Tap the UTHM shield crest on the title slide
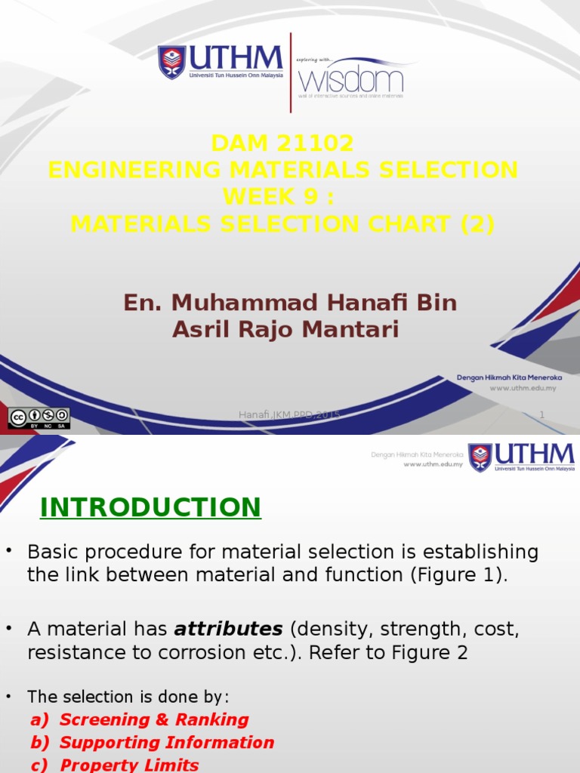pos(171,63)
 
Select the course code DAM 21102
pos(282,143)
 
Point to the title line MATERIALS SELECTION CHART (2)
pos(282,224)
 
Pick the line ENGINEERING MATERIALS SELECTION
pos(282,170)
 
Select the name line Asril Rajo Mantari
pos(285,330)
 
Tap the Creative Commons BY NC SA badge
pos(39,418)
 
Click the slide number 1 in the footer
pos(541,414)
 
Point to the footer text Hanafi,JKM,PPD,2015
pos(289,415)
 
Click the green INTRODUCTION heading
pos(150,507)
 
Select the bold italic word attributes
pos(228,629)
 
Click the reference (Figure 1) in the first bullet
pos(459,575)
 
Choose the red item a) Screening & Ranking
pos(140,719)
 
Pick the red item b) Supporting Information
pos(153,743)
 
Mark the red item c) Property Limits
pos(115,765)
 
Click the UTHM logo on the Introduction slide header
pos(521,457)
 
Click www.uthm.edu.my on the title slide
pos(523,388)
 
